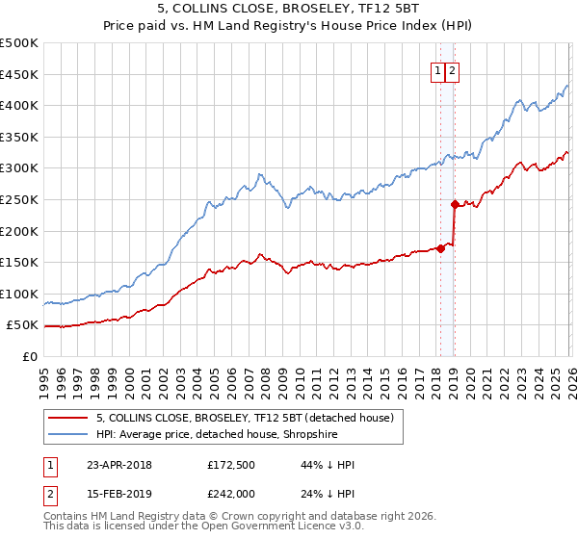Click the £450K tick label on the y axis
pyautogui.click(x=19, y=74)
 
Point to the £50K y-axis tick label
pyautogui.click(x=22, y=325)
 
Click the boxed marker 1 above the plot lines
pyautogui.click(x=437, y=70)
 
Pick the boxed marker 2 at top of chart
pyautogui.click(x=452, y=70)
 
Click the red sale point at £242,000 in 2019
pyautogui.click(x=454, y=204)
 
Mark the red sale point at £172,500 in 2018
pyautogui.click(x=440, y=248)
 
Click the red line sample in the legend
pyautogui.click(x=67, y=419)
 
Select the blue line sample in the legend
pyautogui.click(x=67, y=435)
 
